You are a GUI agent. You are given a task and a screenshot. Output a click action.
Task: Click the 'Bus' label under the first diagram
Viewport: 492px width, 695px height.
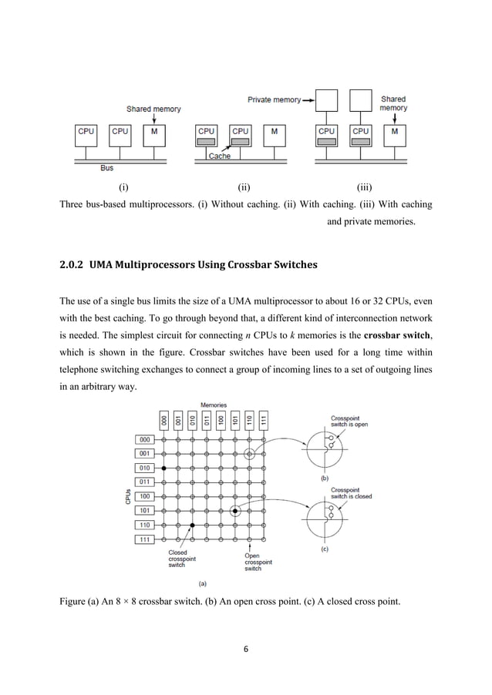(107, 166)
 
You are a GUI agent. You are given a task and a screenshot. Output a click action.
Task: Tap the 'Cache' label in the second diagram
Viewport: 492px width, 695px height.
(219, 156)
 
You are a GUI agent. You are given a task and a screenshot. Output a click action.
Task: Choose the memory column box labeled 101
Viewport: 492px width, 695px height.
(235, 421)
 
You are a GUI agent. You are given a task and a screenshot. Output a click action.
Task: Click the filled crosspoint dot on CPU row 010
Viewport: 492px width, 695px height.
(163, 468)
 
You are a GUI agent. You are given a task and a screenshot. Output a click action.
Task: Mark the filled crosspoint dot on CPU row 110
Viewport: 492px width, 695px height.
(192, 525)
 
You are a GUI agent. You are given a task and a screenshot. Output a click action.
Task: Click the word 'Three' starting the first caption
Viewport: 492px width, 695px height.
(73, 205)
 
